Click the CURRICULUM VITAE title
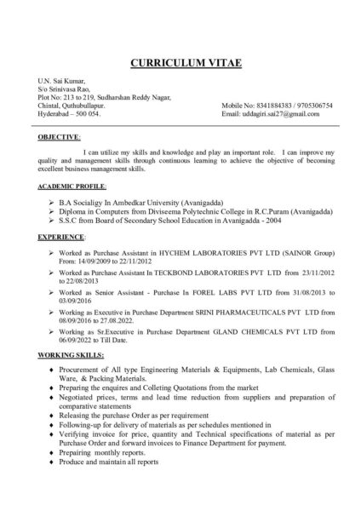[180, 64]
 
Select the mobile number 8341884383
[268, 106]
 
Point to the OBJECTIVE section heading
[60, 136]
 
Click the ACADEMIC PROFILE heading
[73, 185]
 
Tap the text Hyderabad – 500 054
[69, 114]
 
